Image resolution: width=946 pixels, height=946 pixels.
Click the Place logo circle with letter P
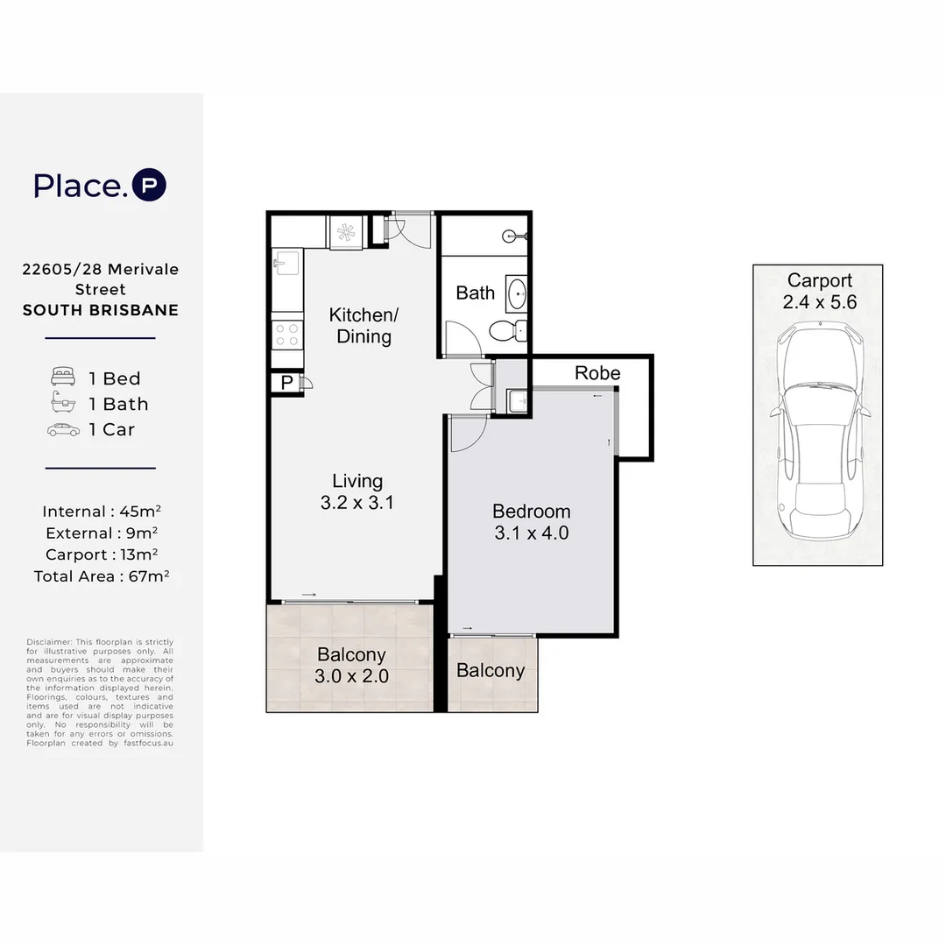pyautogui.click(x=149, y=186)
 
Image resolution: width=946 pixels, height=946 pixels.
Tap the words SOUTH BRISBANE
pyautogui.click(x=101, y=310)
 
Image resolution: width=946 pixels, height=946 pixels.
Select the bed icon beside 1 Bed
pyautogui.click(x=64, y=378)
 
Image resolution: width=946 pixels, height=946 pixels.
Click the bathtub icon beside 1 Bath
pyautogui.click(x=64, y=404)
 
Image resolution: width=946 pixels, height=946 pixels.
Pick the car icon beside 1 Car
pyautogui.click(x=64, y=429)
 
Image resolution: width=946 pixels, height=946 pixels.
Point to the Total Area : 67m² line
pyautogui.click(x=101, y=576)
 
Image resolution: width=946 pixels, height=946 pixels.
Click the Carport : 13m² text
pyautogui.click(x=101, y=554)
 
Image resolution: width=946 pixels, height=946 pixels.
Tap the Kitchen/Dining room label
pyautogui.click(x=364, y=325)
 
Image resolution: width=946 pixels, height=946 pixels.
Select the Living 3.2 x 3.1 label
pyautogui.click(x=357, y=491)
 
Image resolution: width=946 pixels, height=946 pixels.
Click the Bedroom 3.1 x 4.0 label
pyautogui.click(x=531, y=521)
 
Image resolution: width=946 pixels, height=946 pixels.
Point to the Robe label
pyautogui.click(x=597, y=373)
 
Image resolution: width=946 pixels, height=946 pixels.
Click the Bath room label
pyautogui.click(x=475, y=293)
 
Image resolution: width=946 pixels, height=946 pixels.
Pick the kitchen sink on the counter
pyautogui.click(x=285, y=262)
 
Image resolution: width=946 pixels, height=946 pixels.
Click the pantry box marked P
pyautogui.click(x=286, y=384)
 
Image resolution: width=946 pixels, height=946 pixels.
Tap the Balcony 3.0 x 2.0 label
pyautogui.click(x=351, y=666)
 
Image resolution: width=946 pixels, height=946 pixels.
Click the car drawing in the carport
pyautogui.click(x=817, y=433)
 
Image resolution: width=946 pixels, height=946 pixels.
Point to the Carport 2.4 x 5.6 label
pyautogui.click(x=819, y=291)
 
